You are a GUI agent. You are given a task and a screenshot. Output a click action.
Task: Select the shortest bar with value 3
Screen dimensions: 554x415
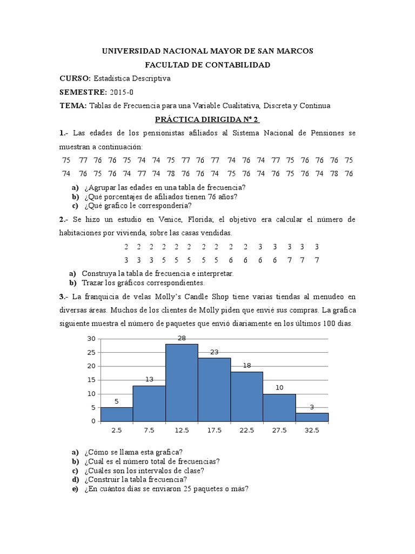pyautogui.click(x=312, y=417)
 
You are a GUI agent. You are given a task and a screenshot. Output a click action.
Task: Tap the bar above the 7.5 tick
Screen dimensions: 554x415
pyautogui.click(x=149, y=403)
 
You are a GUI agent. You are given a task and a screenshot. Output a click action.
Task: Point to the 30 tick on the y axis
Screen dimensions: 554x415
pyautogui.click(x=91, y=339)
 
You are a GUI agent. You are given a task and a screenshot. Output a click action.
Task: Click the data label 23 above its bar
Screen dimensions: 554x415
pyautogui.click(x=214, y=352)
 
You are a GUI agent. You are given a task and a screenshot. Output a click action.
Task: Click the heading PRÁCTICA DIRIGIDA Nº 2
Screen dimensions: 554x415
pyautogui.click(x=207, y=119)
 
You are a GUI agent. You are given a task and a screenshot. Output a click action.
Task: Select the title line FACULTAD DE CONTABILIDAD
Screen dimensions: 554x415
pyautogui.click(x=207, y=65)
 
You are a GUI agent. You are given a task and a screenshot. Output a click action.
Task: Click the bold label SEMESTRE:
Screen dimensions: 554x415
pyautogui.click(x=83, y=92)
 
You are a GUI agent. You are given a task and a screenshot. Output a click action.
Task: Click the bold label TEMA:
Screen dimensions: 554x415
pyautogui.click(x=73, y=105)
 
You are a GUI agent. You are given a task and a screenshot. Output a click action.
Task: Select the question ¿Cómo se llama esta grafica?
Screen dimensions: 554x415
pyautogui.click(x=133, y=452)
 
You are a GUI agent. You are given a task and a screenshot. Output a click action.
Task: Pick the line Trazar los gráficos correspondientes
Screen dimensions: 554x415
pyautogui.click(x=143, y=282)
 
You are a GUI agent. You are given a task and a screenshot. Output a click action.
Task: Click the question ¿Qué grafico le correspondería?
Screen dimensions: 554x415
pyautogui.click(x=138, y=206)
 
